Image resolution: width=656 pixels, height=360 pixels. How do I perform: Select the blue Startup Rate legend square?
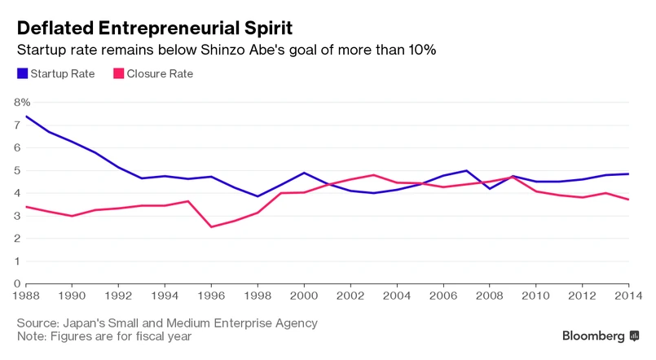click(x=22, y=74)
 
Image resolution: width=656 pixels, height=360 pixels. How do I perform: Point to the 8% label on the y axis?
click(x=22, y=103)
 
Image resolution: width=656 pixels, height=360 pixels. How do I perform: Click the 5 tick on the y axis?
click(x=18, y=170)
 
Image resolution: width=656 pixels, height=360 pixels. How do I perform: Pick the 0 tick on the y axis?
click(x=18, y=284)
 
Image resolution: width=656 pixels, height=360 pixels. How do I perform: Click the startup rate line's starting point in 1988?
click(x=27, y=116)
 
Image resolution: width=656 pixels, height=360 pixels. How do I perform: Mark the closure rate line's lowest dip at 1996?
click(x=212, y=226)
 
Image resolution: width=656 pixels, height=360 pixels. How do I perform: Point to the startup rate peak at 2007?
click(x=466, y=170)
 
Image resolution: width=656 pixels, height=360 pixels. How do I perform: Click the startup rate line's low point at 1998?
click(x=258, y=196)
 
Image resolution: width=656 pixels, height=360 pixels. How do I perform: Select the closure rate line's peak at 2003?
click(x=373, y=175)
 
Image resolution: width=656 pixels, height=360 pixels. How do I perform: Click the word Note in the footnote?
click(x=33, y=336)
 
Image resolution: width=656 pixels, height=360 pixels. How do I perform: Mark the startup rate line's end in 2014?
click(x=627, y=173)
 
